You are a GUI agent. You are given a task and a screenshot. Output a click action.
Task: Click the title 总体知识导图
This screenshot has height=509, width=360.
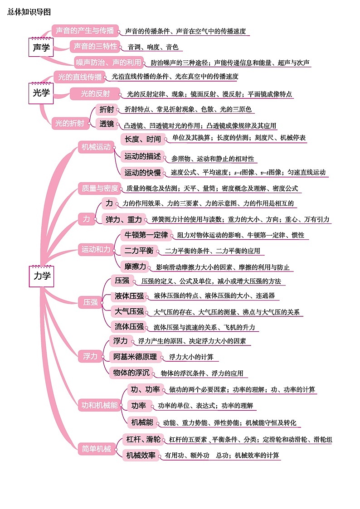[29, 12]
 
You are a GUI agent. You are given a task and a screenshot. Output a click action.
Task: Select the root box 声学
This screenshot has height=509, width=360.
[41, 48]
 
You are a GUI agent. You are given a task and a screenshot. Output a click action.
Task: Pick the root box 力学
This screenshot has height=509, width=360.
[42, 276]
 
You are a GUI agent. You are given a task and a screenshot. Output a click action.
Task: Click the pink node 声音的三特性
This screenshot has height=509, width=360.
[95, 46]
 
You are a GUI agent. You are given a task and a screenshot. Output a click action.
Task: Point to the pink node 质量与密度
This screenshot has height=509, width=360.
[100, 188]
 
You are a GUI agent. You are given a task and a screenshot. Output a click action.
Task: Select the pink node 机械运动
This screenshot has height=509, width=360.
[96, 147]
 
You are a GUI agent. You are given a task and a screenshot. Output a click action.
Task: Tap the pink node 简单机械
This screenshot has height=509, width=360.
[97, 449]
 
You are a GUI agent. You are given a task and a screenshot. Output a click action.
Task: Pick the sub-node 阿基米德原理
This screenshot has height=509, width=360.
[135, 357]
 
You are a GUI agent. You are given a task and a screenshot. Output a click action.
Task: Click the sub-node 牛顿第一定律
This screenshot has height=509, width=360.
[146, 235]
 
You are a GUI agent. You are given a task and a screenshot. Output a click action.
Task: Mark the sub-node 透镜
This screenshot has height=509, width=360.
[107, 124]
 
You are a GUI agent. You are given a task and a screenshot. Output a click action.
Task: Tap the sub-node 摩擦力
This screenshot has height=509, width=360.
[136, 266]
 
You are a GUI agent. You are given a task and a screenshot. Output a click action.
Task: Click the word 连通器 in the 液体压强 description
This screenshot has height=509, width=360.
[265, 296]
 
